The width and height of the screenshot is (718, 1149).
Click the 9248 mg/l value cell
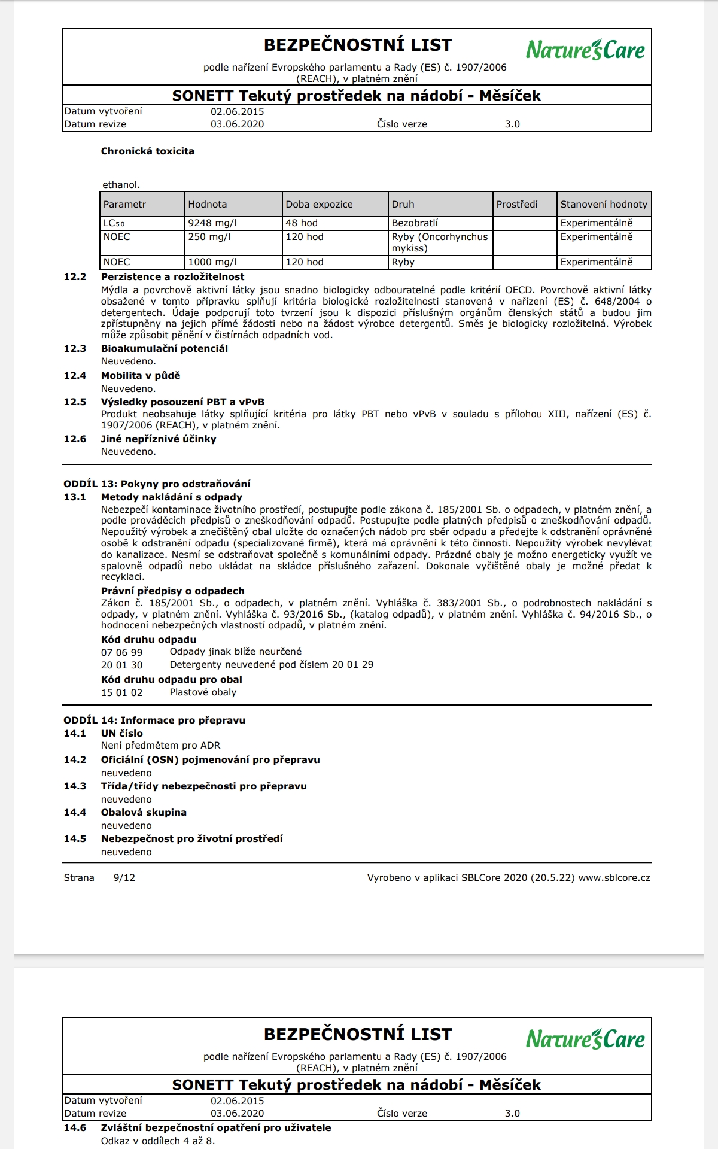pyautogui.click(x=212, y=223)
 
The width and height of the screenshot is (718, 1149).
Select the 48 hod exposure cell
pyautogui.click(x=302, y=223)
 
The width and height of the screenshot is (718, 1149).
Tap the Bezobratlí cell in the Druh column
pyautogui.click(x=415, y=223)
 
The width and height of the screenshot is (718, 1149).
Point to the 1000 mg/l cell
pyautogui.click(x=212, y=262)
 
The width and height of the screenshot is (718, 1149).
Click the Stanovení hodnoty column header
pyautogui.click(x=604, y=205)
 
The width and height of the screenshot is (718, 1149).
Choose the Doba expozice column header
pyautogui.click(x=319, y=205)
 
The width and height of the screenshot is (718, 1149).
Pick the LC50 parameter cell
pyautogui.click(x=114, y=223)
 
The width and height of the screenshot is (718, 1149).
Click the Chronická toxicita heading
pyautogui.click(x=147, y=151)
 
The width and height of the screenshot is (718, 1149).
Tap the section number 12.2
pyautogui.click(x=75, y=277)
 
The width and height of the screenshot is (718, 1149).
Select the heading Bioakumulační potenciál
pyautogui.click(x=164, y=349)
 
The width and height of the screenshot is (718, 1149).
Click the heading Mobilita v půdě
pyautogui.click(x=140, y=376)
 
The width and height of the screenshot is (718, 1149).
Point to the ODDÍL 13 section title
pyautogui.click(x=157, y=484)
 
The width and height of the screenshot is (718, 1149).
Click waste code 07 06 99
pyautogui.click(x=121, y=652)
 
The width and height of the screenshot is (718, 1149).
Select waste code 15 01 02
pyautogui.click(x=121, y=693)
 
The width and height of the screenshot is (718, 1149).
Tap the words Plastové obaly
pyautogui.click(x=203, y=692)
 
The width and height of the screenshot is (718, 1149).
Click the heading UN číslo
pyautogui.click(x=121, y=734)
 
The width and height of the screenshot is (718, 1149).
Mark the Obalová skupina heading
pyautogui.click(x=144, y=813)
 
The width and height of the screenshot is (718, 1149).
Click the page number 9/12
pyautogui.click(x=124, y=878)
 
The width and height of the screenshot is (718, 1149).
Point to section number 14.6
pyautogui.click(x=75, y=1128)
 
